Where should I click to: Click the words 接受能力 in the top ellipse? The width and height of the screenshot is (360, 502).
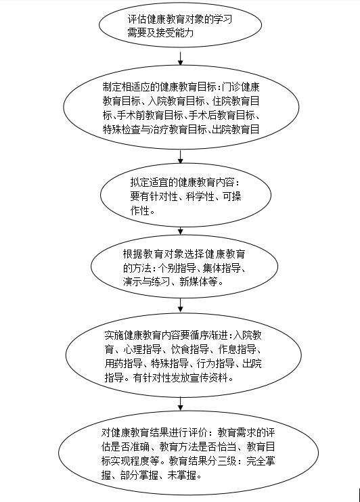point(175,32)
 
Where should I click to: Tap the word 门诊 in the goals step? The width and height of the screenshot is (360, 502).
point(231,87)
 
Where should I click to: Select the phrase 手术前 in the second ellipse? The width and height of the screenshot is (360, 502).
point(131,115)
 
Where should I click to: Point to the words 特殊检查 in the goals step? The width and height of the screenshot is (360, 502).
point(121,129)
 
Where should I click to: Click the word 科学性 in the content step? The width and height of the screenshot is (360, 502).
point(200,196)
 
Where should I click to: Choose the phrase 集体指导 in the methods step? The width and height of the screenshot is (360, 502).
point(221,268)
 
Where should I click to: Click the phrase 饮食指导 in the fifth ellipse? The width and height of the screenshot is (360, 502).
point(190,349)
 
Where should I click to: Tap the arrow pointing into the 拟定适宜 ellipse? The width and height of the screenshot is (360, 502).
point(180,157)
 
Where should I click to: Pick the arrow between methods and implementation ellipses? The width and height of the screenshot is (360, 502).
point(180,305)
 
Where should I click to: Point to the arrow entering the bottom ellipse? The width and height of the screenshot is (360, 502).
point(180,404)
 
